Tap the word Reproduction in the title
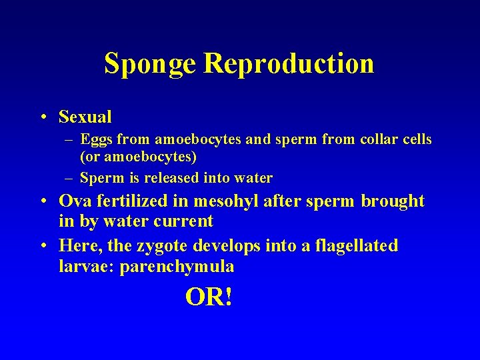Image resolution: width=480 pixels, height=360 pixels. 289,63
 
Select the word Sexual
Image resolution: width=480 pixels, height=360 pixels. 85,117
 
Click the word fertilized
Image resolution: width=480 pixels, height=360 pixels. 132,201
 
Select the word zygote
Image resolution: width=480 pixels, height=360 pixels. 163,246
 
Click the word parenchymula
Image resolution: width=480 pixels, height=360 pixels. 177,267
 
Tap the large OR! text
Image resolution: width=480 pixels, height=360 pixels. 209,297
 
